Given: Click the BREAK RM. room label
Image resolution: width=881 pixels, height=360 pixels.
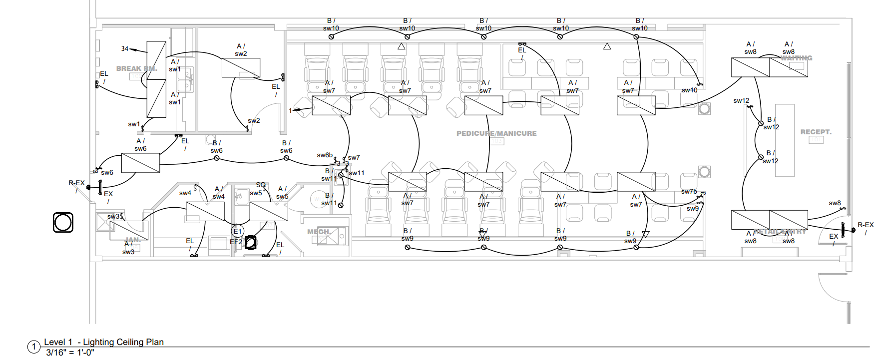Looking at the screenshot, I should tap(136, 68).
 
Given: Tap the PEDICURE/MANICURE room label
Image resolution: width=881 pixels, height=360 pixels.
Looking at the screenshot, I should tap(496, 133).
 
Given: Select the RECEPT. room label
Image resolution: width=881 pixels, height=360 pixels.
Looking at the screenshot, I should tap(816, 132).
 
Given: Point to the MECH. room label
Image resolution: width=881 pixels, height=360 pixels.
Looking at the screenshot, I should tap(319, 232).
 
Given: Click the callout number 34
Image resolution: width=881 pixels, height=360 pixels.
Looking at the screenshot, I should tap(125, 48).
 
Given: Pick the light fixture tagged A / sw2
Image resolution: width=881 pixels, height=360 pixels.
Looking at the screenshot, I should tap(241, 67).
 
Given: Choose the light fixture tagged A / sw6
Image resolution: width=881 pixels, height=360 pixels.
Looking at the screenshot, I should tap(140, 163).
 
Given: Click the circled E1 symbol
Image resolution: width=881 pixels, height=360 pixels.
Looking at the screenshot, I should tap(238, 231).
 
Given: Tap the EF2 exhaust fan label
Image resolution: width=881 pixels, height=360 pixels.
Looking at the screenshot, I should tap(236, 242).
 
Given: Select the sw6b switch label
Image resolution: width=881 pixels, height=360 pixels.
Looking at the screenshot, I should tap(325, 155).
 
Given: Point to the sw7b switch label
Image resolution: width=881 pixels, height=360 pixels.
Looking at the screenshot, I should tap(689, 191).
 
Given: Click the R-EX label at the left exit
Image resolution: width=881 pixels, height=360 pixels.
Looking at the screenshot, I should tap(76, 183).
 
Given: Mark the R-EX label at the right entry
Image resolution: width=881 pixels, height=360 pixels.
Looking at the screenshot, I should tap(866, 225).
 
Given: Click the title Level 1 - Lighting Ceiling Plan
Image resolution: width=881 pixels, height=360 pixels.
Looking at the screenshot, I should tap(104, 342).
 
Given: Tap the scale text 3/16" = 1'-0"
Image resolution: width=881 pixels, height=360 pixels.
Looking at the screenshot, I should tap(70, 353).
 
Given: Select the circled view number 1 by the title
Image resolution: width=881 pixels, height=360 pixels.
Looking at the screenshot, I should tap(34, 347).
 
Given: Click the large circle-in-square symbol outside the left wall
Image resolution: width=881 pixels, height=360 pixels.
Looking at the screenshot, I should tap(63, 222).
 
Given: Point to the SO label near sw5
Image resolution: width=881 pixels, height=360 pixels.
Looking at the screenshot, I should tap(261, 185).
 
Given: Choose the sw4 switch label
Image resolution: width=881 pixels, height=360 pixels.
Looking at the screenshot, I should tap(185, 193).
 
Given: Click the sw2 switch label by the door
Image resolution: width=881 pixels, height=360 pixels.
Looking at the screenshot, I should tap(254, 120).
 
